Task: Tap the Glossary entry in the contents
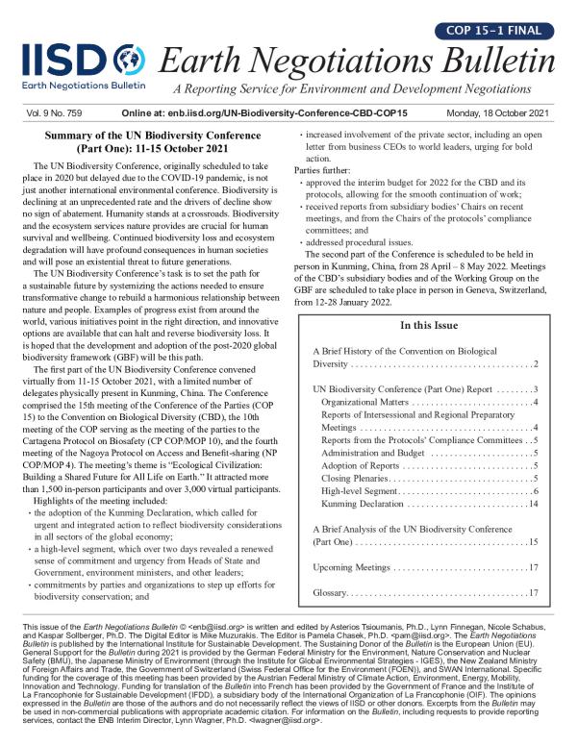(x=329, y=592)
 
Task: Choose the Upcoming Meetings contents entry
(x=357, y=567)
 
